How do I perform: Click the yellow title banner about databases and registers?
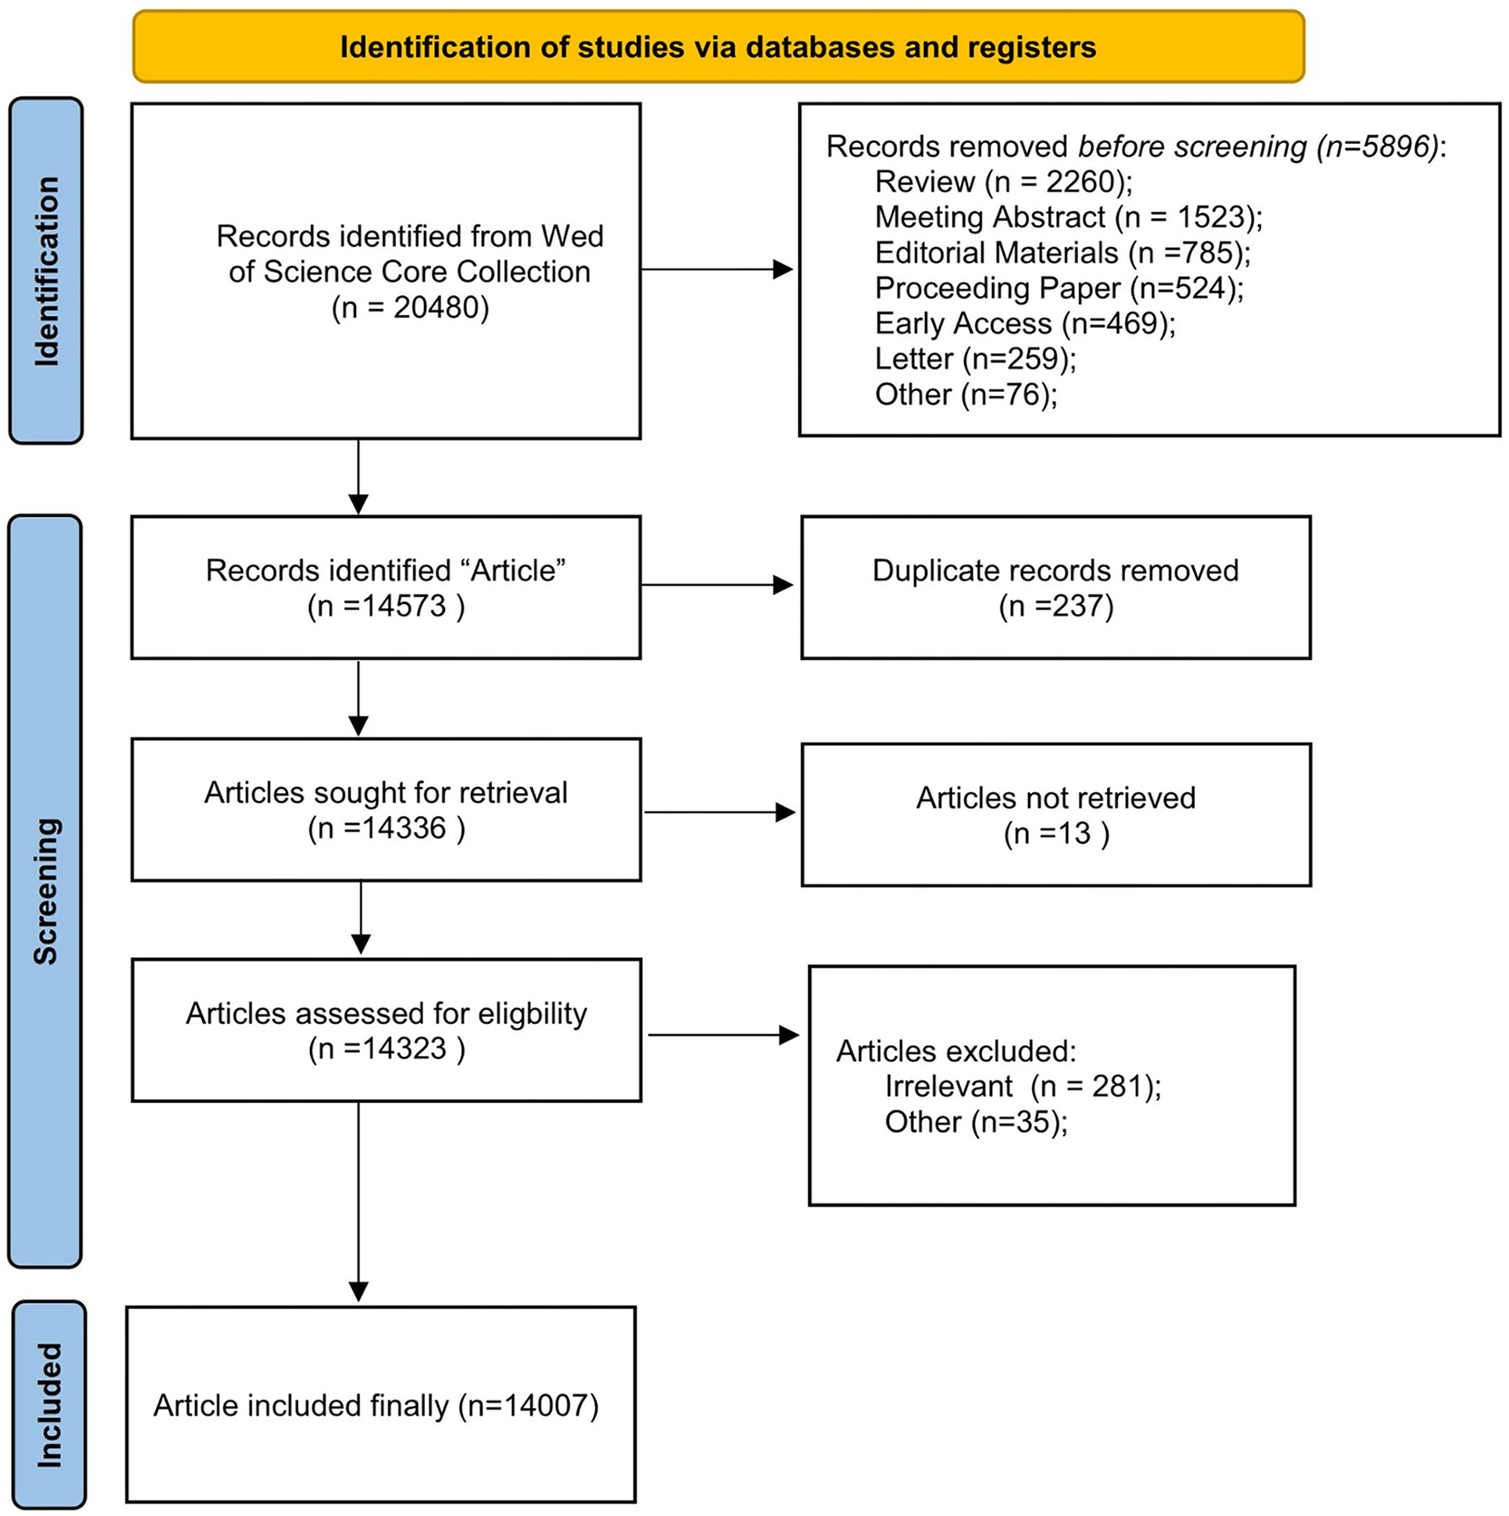(x=718, y=47)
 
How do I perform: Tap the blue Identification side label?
(x=46, y=271)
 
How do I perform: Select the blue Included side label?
(x=49, y=1405)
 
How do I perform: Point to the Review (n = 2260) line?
(x=1003, y=181)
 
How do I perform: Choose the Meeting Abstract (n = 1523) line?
(x=1068, y=217)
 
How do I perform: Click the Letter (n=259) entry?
(x=975, y=359)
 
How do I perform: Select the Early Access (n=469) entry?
(x=1024, y=324)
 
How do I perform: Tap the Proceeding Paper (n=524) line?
(x=1059, y=288)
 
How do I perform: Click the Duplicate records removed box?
(x=1055, y=587)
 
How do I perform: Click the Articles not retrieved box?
(x=1055, y=815)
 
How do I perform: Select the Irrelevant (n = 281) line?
(x=1022, y=1086)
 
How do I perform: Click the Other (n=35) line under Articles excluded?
(x=975, y=1122)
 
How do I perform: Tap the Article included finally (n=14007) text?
(x=376, y=1405)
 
